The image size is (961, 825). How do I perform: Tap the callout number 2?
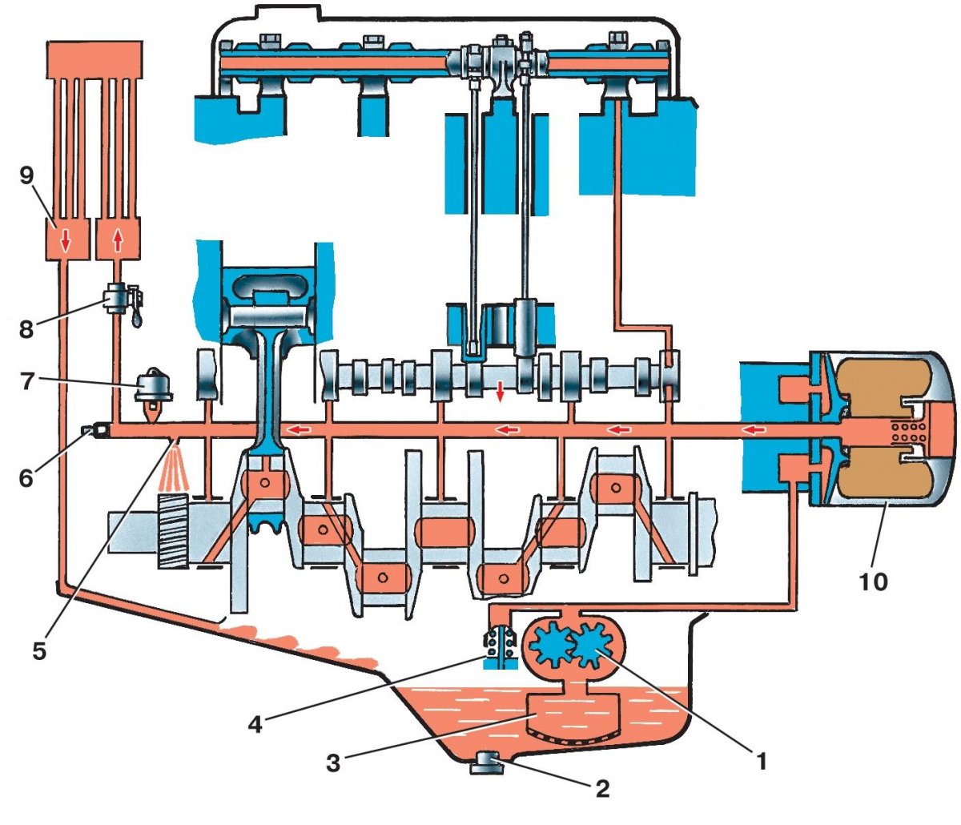(602, 788)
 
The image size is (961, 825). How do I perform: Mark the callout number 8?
(26, 328)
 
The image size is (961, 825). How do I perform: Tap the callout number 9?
(26, 175)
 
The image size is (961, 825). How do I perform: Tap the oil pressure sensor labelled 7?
(151, 389)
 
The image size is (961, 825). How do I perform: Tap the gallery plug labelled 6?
(97, 432)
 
